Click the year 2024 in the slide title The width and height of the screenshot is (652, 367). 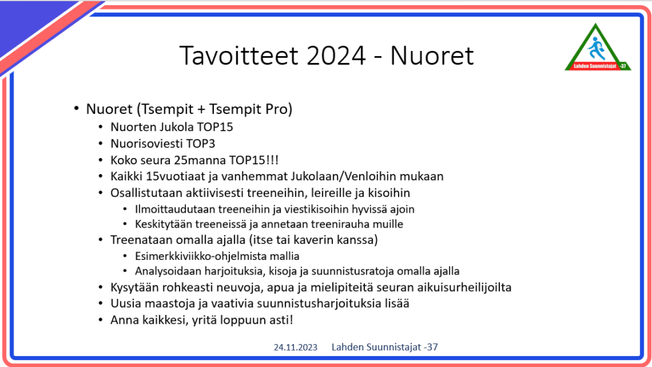(336, 56)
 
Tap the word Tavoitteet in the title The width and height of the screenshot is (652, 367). (239, 55)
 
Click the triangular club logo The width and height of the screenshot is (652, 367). (597, 47)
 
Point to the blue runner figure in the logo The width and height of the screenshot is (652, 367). (597, 48)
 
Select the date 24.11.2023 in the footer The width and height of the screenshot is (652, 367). (295, 347)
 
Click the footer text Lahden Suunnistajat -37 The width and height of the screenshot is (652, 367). (385, 347)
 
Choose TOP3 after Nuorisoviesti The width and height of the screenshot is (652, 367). (201, 143)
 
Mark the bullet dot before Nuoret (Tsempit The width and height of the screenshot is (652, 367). (76, 109)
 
